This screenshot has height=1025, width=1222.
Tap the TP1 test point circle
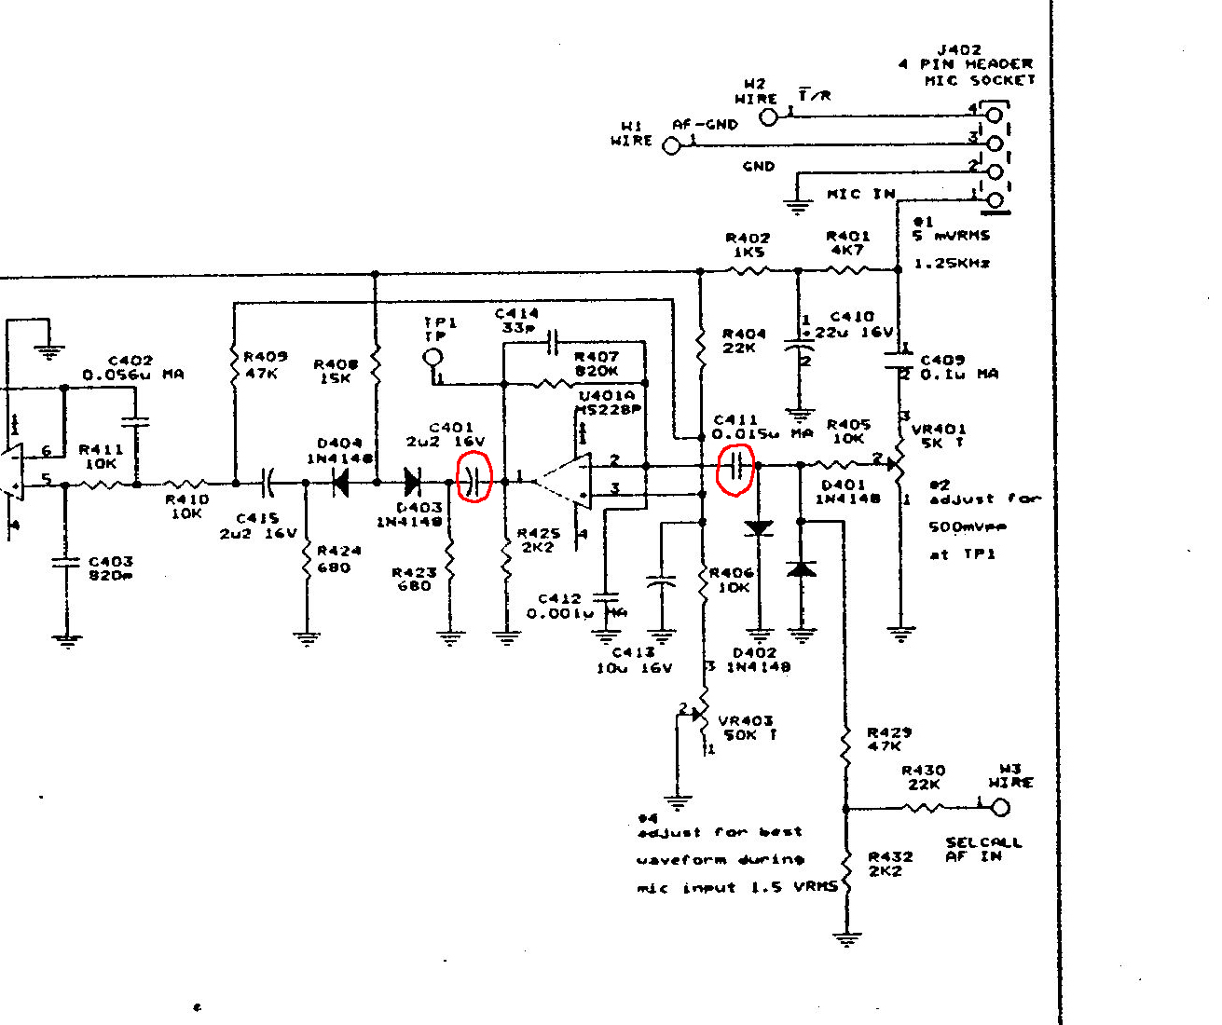click(x=432, y=358)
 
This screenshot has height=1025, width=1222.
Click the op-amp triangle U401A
click(x=563, y=482)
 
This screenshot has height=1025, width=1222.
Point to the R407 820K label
click(x=597, y=364)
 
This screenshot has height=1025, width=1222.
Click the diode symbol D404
click(x=340, y=482)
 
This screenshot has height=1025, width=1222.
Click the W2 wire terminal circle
click(x=768, y=116)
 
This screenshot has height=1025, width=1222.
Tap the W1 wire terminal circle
click(x=671, y=145)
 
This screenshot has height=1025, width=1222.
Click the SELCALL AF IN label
click(x=983, y=849)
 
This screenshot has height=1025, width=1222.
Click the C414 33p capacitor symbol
click(x=553, y=343)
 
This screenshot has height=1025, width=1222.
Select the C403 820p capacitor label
click(x=110, y=568)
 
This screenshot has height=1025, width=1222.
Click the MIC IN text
click(x=860, y=194)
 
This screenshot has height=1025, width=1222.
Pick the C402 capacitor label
click(x=132, y=367)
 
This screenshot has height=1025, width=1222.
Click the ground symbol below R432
click(x=846, y=939)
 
